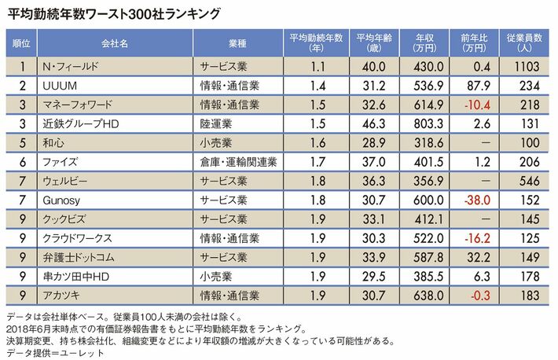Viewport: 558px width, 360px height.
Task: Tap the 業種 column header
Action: click(237, 42)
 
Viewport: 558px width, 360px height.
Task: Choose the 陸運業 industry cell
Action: click(218, 123)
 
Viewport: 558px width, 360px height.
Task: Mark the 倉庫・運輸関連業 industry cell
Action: click(237, 162)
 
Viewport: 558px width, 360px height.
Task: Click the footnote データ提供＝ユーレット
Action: click(55, 352)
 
